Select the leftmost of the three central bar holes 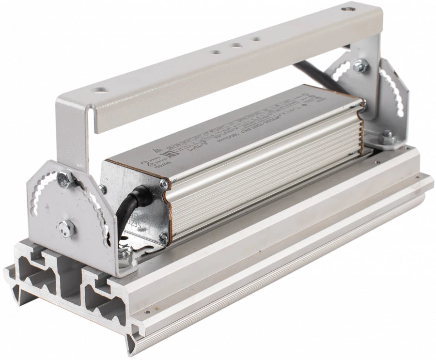215,51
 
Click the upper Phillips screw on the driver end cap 163,183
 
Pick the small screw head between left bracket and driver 103,189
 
